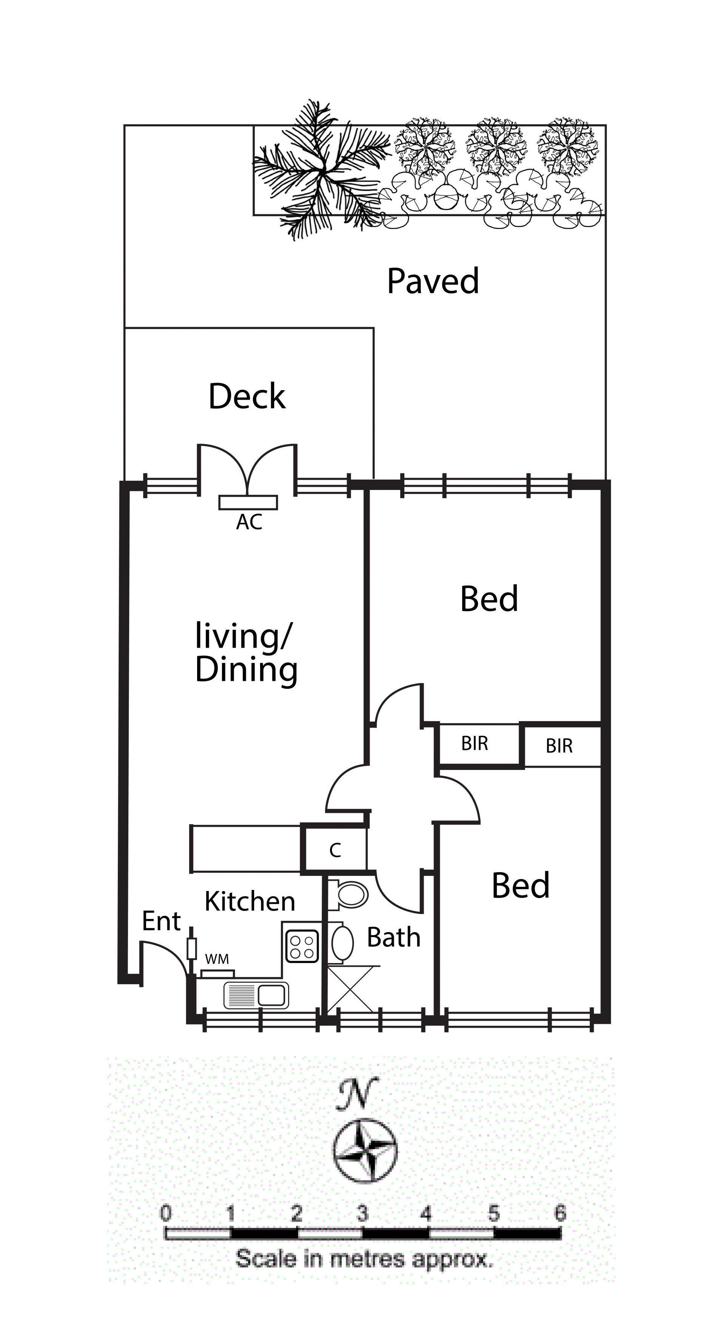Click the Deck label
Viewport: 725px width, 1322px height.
(247, 396)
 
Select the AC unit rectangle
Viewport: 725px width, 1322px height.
(248, 502)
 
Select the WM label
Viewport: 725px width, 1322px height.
(217, 959)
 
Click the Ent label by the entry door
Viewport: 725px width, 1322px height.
(161, 921)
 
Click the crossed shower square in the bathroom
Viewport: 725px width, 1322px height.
(350, 989)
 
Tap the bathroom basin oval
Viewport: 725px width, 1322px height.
(342, 942)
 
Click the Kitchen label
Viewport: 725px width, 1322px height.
(250, 902)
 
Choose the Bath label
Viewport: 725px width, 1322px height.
(394, 937)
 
